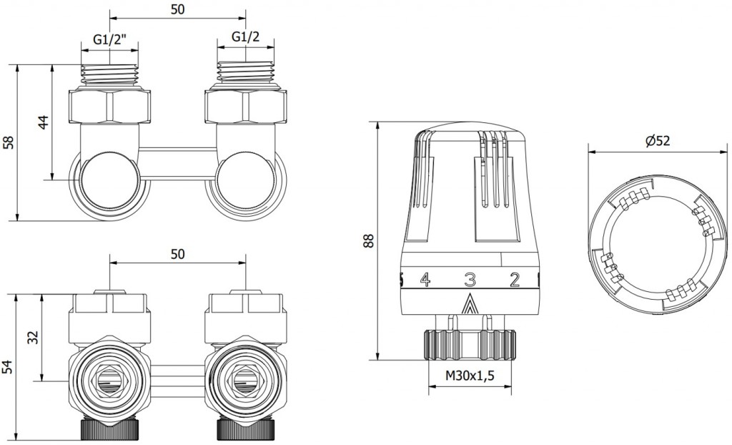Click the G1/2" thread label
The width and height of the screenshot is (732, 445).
pos(109,39)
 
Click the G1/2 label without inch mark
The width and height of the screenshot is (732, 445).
pos(246,37)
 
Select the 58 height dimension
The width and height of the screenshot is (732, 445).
pos(9,142)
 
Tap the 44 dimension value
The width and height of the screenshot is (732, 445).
pos(43,122)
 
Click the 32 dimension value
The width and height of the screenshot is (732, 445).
pos(34,337)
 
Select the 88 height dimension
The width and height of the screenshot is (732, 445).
pos(370,240)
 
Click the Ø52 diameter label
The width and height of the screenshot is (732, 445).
pos(658,141)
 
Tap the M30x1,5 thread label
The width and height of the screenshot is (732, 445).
pos(470,376)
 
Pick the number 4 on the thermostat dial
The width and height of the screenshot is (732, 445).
pos(425,280)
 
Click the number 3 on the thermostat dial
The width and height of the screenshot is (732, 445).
pos(470,280)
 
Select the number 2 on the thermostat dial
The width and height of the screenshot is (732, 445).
pos(515,280)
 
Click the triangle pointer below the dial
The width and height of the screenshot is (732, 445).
pos(470,305)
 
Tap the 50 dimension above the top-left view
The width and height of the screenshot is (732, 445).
pos(177,9)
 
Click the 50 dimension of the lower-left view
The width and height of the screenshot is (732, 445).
pos(177,254)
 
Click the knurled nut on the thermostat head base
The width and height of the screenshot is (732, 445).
pos(470,346)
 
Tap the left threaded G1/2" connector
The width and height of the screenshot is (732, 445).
pos(109,75)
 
